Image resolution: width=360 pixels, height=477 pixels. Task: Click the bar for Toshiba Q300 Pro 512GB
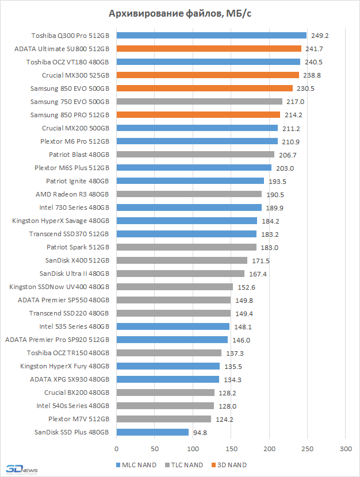pyautogui.click(x=211, y=35)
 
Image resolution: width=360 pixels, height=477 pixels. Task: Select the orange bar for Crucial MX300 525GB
pyautogui.click(x=208, y=75)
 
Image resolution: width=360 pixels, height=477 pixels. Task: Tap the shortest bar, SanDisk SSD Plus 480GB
pyautogui.click(x=152, y=432)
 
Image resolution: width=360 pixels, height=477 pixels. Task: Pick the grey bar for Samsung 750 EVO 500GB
pyautogui.click(x=199, y=101)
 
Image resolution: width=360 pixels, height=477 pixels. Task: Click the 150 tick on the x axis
pyautogui.click(x=231, y=448)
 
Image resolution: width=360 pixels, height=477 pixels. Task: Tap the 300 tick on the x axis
pyautogui.click(x=345, y=448)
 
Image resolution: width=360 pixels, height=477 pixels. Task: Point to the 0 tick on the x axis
pyautogui.click(x=117, y=448)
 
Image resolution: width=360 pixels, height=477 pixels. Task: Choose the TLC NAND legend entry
pyautogui.click(x=184, y=465)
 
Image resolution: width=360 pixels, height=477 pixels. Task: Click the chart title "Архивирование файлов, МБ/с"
pyautogui.click(x=180, y=14)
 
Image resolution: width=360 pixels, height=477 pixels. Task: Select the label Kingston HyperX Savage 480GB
pyautogui.click(x=61, y=221)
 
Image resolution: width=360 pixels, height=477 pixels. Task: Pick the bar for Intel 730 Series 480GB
pyautogui.click(x=189, y=207)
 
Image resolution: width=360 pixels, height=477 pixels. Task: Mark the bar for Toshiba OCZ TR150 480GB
pyautogui.click(x=168, y=353)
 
